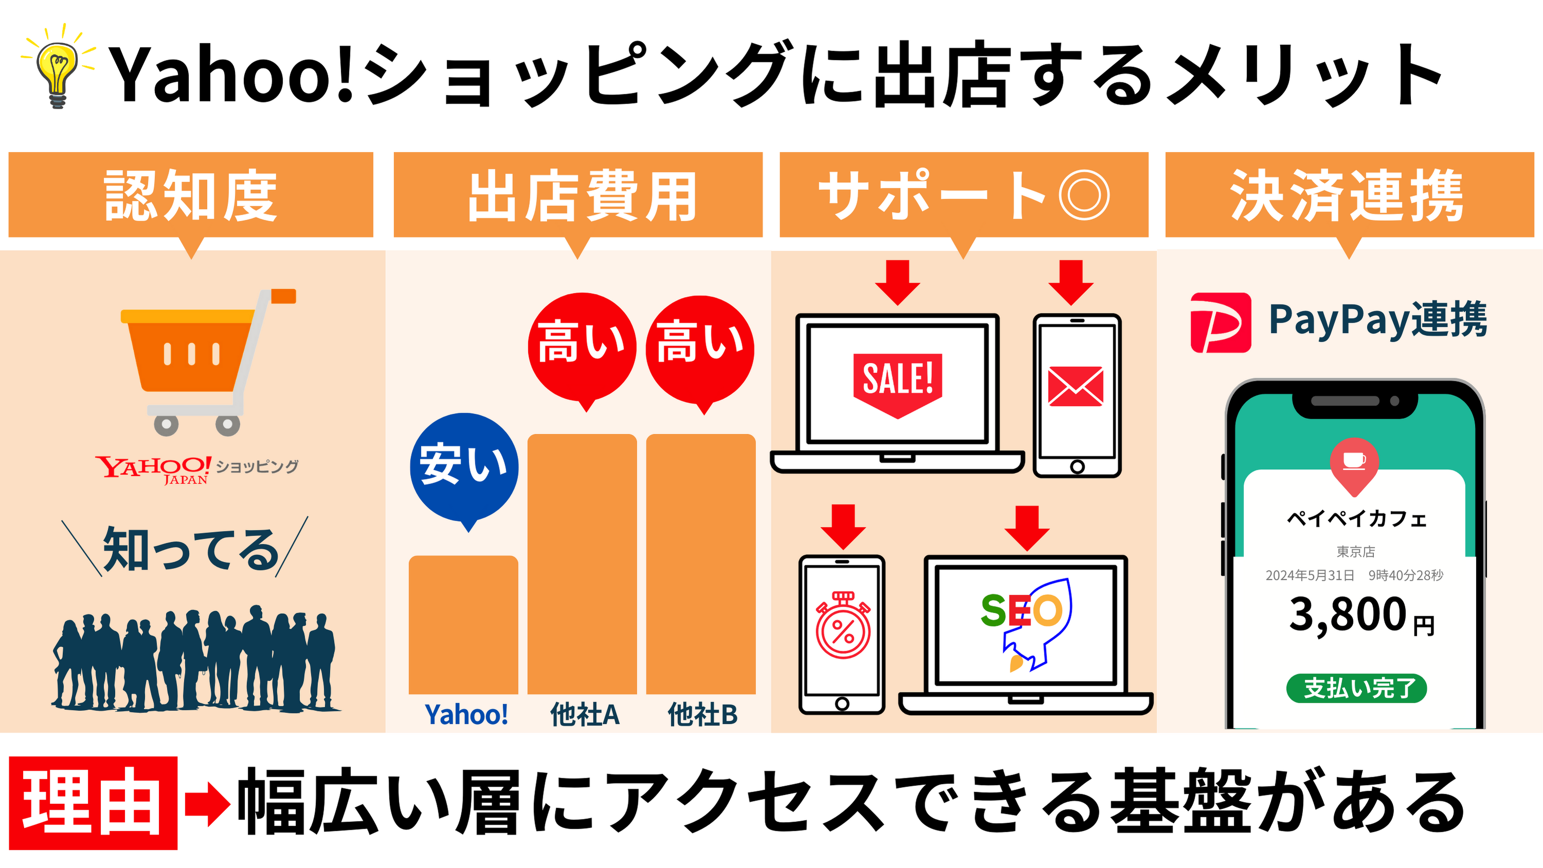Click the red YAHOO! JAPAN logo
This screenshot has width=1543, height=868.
click(153, 468)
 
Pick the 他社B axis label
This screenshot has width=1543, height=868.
click(702, 715)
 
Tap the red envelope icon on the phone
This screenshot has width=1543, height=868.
click(1076, 386)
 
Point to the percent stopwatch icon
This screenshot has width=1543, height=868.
click(843, 627)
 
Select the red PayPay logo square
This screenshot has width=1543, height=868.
click(1220, 322)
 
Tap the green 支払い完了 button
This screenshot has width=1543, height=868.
click(1356, 688)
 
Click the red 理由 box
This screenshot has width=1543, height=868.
click(93, 802)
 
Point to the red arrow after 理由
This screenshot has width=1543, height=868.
click(207, 802)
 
